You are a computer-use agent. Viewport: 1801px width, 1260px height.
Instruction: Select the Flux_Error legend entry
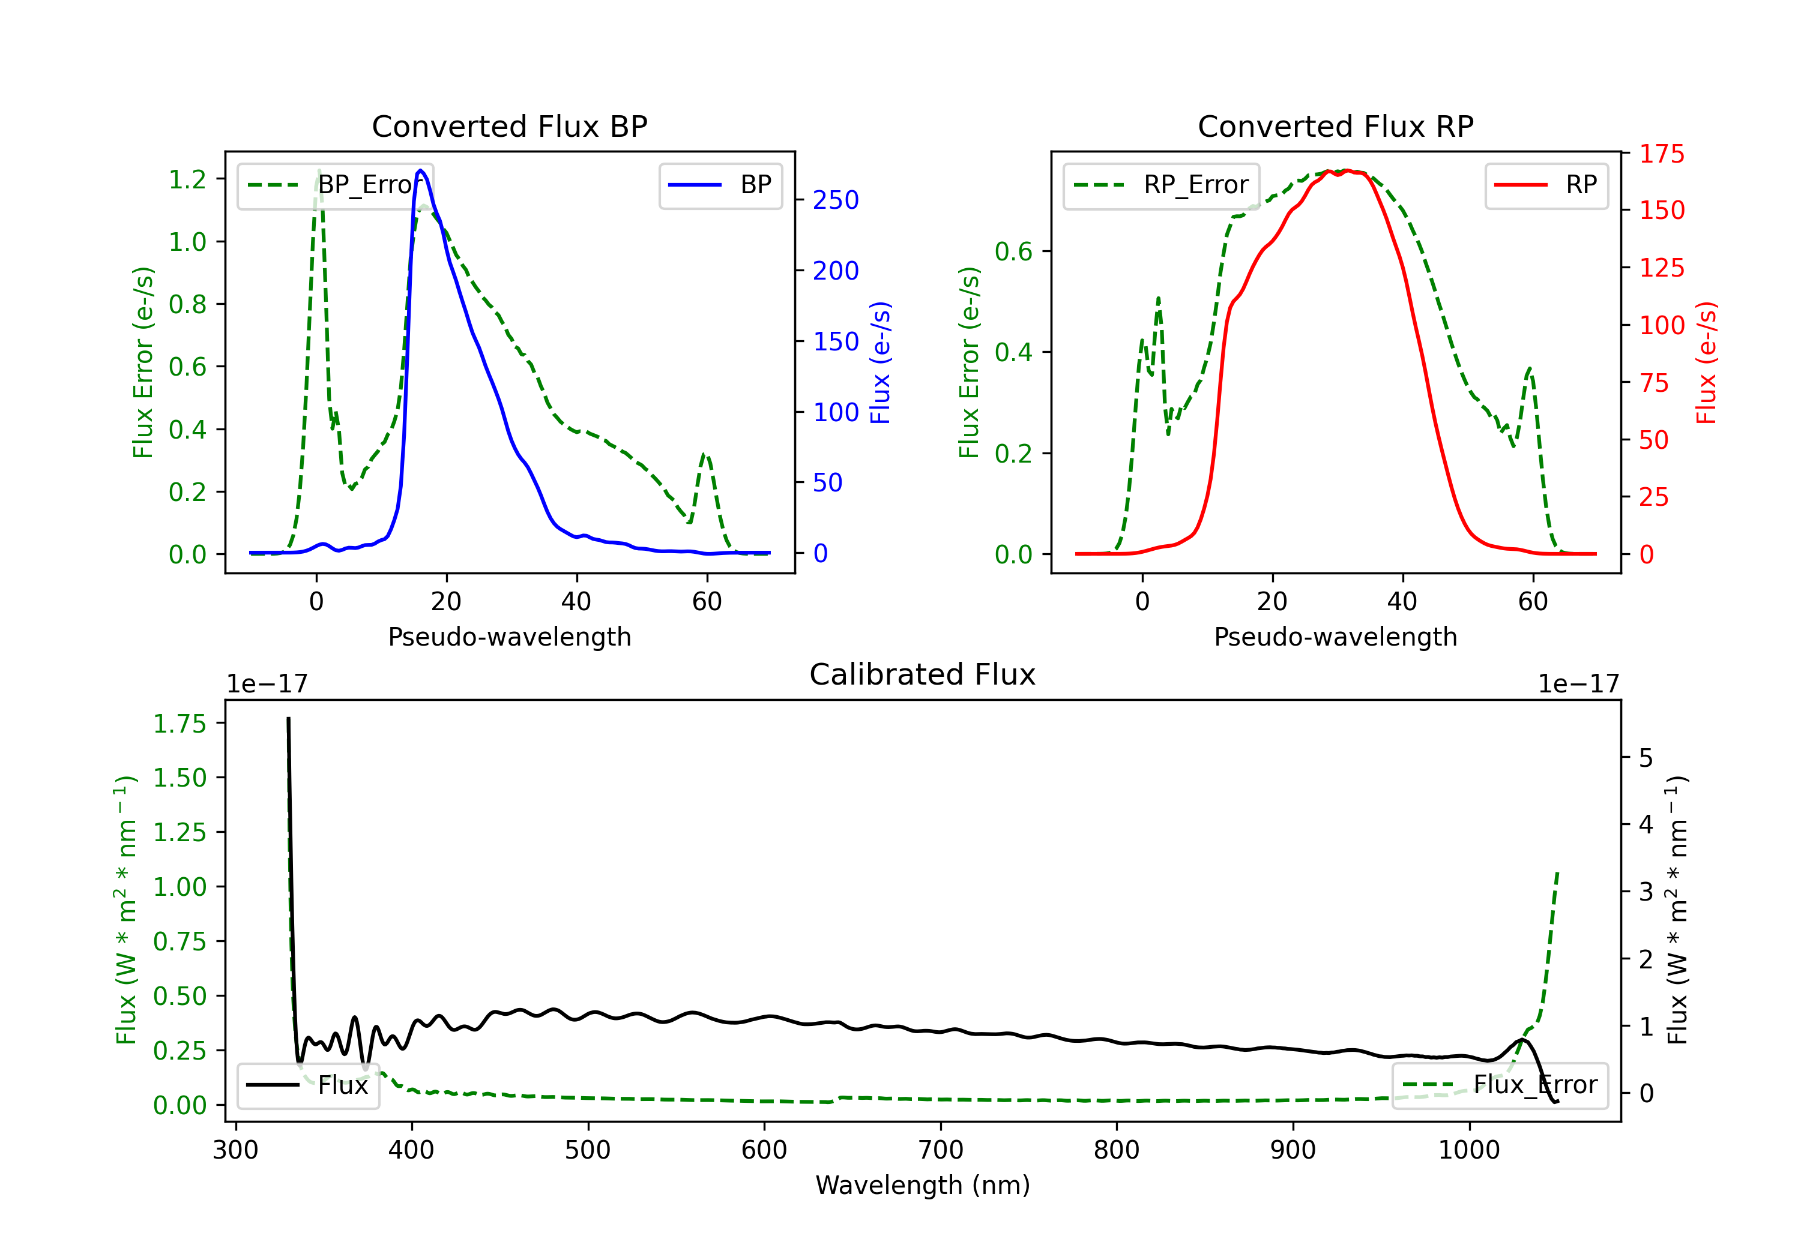click(x=1500, y=1086)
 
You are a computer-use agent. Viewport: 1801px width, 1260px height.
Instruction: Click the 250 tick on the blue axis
click(x=836, y=201)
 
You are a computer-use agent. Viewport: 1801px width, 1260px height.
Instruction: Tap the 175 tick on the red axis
click(x=1661, y=154)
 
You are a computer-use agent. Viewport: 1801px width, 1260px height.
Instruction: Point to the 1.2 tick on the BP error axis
click(x=187, y=179)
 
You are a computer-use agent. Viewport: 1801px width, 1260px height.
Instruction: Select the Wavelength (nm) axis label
click(x=923, y=1186)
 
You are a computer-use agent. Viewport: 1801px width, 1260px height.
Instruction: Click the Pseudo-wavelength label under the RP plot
click(x=1335, y=637)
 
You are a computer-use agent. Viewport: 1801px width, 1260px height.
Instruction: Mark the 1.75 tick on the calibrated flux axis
click(x=179, y=724)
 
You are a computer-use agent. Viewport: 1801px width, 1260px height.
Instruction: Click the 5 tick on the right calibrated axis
click(x=1646, y=759)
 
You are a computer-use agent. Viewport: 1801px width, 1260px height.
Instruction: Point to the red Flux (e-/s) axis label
click(x=1707, y=363)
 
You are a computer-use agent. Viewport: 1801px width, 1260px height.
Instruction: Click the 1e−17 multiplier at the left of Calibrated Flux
click(x=267, y=685)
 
